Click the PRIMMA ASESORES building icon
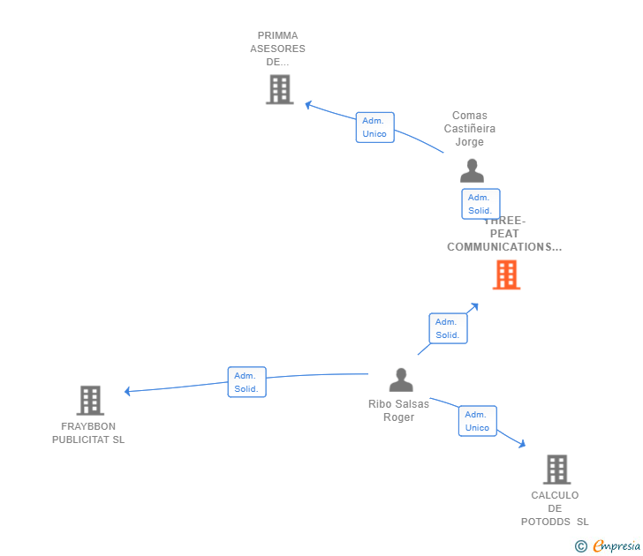tap(279, 89)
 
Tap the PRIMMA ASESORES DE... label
tap(277, 49)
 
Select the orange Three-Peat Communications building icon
tap(506, 274)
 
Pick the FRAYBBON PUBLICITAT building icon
tap(90, 400)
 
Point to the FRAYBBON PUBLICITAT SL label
tap(88, 433)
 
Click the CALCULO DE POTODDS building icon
tap(556, 470)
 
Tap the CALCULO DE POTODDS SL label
tap(555, 508)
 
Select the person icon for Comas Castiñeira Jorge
tap(473, 170)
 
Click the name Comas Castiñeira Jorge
tap(470, 129)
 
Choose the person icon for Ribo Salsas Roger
tap(401, 380)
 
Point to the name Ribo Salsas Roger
tap(399, 411)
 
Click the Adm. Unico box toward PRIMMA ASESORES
tap(374, 127)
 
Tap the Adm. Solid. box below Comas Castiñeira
tap(480, 204)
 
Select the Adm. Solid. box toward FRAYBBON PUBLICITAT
tap(246, 382)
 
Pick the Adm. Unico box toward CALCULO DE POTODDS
tap(477, 421)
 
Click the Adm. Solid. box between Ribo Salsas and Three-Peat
tap(448, 328)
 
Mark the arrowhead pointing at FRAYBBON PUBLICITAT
tap(128, 391)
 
